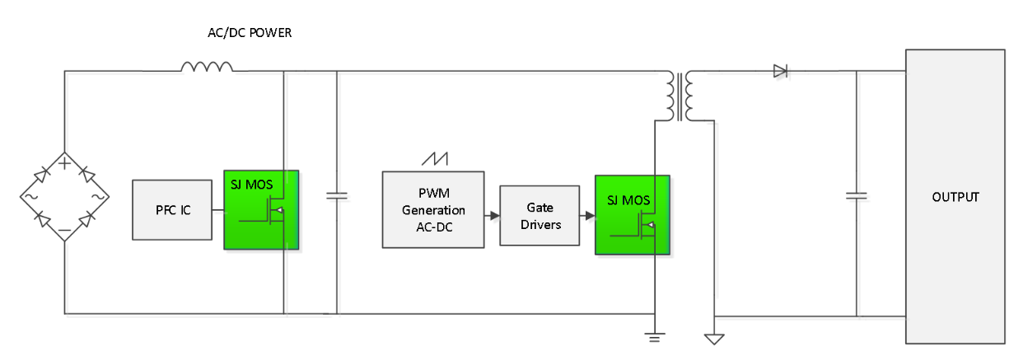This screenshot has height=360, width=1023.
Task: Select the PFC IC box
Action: click(174, 210)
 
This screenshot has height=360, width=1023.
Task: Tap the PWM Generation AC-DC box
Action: click(433, 210)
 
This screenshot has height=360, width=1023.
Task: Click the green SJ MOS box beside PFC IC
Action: click(260, 209)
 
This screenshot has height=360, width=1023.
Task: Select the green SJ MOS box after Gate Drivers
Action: click(632, 214)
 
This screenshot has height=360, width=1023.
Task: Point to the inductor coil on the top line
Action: click(207, 67)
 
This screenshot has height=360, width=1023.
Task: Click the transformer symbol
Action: click(680, 96)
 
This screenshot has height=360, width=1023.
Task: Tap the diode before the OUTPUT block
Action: click(781, 72)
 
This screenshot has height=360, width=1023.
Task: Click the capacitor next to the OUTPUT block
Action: click(857, 196)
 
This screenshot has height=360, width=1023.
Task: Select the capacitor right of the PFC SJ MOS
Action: click(337, 196)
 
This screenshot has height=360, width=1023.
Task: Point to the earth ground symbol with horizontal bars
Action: click(655, 335)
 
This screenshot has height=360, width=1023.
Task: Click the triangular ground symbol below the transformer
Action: click(713, 337)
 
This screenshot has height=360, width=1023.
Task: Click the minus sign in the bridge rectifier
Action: click(65, 231)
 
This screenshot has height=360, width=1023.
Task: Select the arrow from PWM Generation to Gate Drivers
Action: click(492, 216)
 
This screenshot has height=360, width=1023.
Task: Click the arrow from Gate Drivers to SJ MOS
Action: click(587, 216)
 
